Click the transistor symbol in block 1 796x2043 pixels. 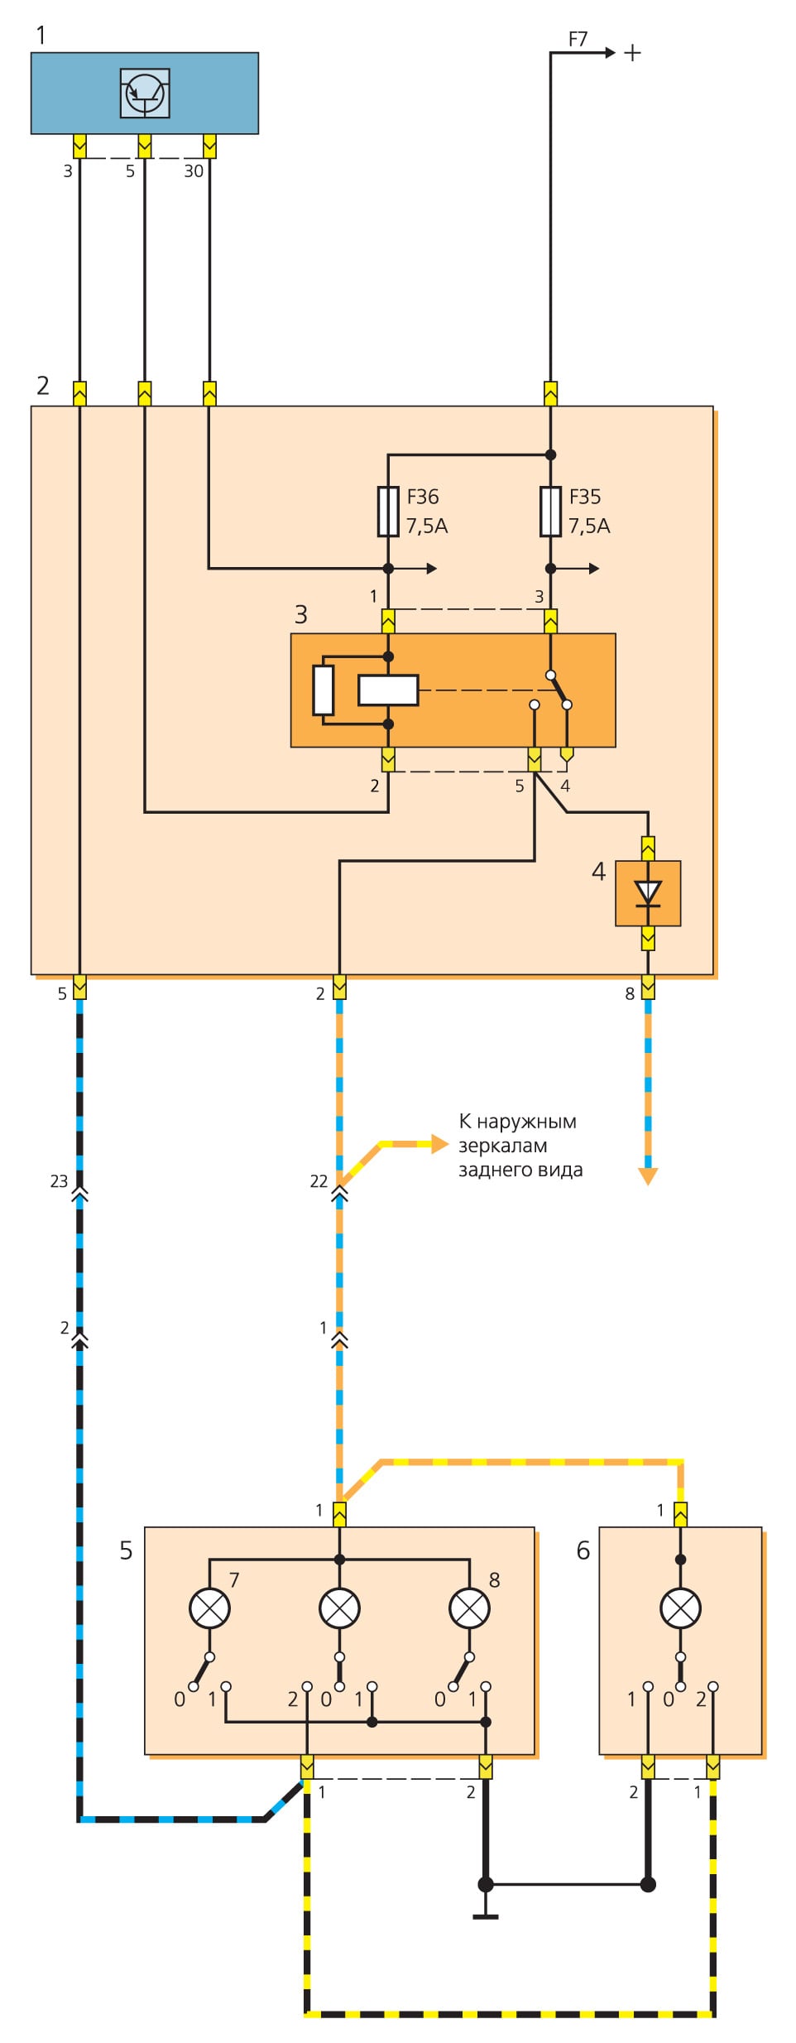point(145,94)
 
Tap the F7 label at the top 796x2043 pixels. point(578,39)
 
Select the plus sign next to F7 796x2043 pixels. point(632,53)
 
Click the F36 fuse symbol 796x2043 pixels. point(388,512)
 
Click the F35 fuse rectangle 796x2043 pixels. point(550,512)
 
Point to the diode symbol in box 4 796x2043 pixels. point(648,893)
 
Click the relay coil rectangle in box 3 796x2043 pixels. point(388,690)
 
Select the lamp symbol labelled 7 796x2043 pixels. point(209,1608)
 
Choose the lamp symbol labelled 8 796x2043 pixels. point(469,1608)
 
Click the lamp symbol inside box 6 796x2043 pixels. point(680,1608)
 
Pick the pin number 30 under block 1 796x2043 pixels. point(193,171)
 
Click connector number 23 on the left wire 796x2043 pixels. point(59,1181)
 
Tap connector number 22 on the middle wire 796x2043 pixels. point(319,1181)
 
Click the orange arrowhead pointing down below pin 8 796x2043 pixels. point(648,1176)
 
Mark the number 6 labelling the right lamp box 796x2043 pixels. point(583,1550)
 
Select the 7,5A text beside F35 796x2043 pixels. point(589,526)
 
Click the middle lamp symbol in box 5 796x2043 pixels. point(339,1608)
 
